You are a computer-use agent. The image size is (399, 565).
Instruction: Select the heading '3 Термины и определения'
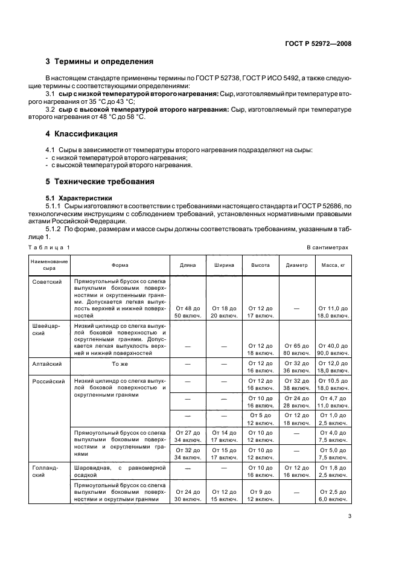coord(100,62)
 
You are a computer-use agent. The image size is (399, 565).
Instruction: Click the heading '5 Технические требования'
coord(100,181)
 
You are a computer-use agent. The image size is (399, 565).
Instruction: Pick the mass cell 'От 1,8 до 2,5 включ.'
coord(333,472)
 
